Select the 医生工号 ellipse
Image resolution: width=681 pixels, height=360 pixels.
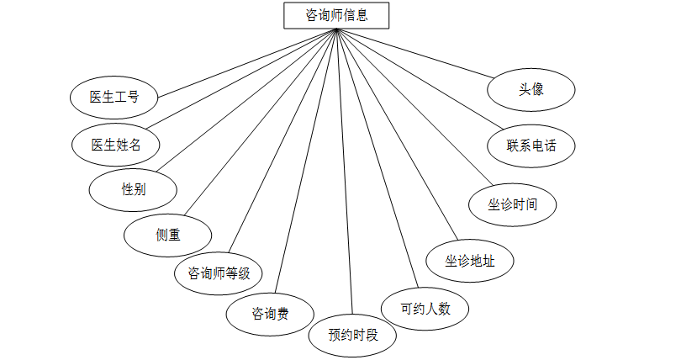(x=114, y=97)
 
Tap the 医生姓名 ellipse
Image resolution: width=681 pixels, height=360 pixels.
(x=114, y=144)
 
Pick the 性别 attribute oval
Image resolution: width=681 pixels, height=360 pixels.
(x=133, y=189)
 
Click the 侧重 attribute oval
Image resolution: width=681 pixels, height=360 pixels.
(x=167, y=235)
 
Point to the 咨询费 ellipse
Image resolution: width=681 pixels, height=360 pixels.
(x=270, y=314)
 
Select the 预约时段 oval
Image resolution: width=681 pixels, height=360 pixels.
(x=353, y=335)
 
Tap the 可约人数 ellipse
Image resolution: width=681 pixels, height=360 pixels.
(x=425, y=308)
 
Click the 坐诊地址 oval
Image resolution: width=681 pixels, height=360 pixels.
(x=470, y=261)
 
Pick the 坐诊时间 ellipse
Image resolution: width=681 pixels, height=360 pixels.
(x=513, y=204)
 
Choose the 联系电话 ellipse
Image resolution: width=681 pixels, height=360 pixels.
(x=531, y=145)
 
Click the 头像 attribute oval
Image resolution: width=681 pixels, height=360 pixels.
(x=532, y=88)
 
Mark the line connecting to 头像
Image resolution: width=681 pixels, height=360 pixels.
(x=416, y=54)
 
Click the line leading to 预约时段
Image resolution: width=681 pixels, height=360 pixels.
(x=345, y=168)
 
